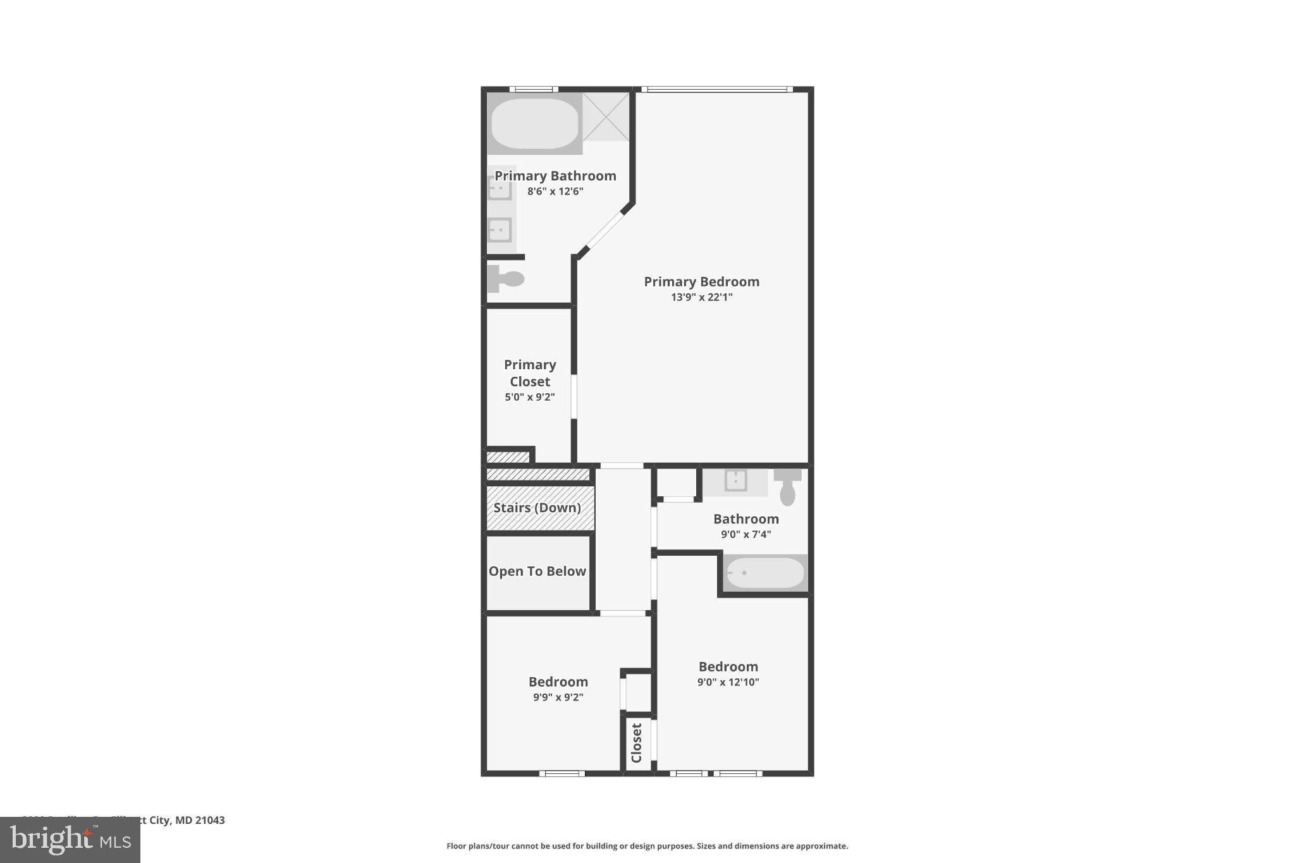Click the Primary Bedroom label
coord(701,282)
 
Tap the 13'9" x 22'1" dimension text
coord(701,297)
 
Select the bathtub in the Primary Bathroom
coord(534,123)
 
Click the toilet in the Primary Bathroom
coord(506,279)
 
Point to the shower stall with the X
coord(606,117)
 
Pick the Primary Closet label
coord(530,373)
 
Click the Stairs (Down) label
coord(537,508)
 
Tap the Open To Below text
coord(537,572)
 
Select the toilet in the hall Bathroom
coord(787,487)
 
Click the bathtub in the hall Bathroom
coord(765,573)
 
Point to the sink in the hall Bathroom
coord(735,481)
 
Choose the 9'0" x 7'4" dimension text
coord(746,534)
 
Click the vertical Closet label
coord(637,743)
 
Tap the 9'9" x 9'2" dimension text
coord(558,697)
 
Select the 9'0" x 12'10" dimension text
coord(728,682)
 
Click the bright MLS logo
coord(70,840)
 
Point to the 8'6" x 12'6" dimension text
coord(555,191)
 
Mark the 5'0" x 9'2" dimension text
coord(530,397)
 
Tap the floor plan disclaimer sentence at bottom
coord(647,846)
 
